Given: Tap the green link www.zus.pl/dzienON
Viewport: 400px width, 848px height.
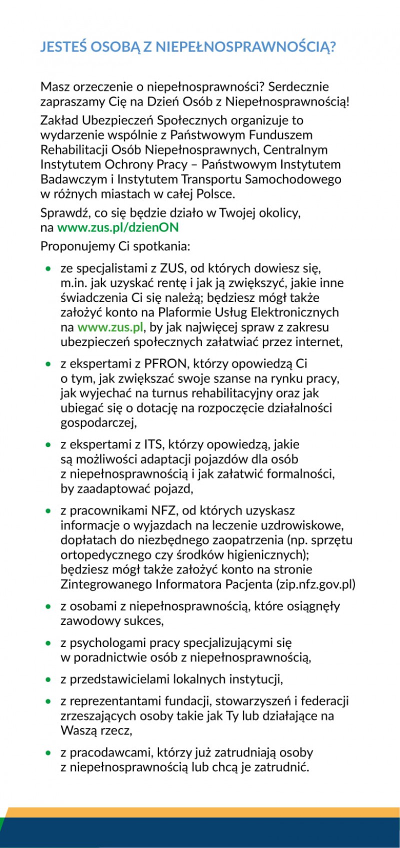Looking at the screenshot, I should pos(118,227).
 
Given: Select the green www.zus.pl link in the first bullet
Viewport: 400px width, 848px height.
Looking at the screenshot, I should pos(110,327).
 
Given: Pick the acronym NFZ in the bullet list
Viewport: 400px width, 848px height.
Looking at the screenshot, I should pos(164,510).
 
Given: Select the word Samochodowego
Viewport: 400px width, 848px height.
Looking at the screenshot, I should pos(298,179).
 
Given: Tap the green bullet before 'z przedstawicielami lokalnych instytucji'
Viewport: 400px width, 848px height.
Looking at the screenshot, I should pos(48,679).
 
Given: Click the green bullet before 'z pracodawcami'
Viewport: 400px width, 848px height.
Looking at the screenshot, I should pos(48,752).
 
